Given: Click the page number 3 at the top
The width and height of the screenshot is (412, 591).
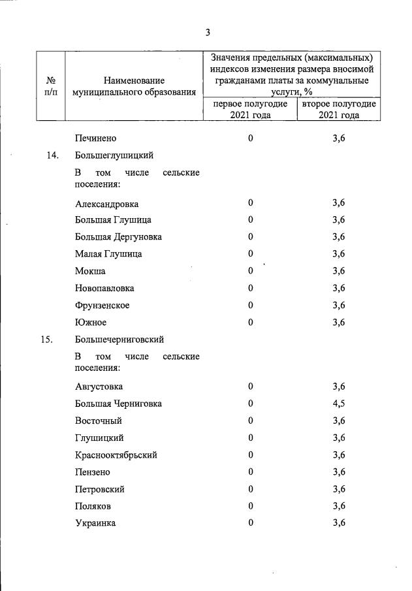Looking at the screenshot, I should point(207,33).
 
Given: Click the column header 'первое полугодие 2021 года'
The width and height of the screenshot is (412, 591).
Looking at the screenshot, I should point(250,110).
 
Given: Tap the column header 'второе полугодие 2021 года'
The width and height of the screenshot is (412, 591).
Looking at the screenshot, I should point(339,110).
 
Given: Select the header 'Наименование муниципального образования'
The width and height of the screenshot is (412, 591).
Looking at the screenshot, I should point(135,87).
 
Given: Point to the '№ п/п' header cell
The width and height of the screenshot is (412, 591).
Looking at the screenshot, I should point(51,86).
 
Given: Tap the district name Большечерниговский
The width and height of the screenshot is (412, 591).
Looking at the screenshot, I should point(119,339).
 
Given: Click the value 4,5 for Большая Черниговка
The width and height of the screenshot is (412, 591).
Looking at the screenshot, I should point(338,404).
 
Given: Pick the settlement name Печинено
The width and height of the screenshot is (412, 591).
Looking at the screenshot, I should point(96,138).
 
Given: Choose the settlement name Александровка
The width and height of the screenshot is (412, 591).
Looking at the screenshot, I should point(106,204).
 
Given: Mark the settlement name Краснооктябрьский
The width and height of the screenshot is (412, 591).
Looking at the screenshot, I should point(116,455).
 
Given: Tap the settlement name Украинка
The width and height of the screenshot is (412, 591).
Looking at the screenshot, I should point(97,522).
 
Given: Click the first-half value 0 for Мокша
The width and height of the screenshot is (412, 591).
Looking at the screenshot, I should point(250,271).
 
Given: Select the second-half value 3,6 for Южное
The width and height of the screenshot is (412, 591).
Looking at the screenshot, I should point(338,322).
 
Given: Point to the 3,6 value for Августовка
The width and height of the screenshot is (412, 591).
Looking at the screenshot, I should point(338,387).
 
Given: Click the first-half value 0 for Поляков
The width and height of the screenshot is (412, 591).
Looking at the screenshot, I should point(250,505).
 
